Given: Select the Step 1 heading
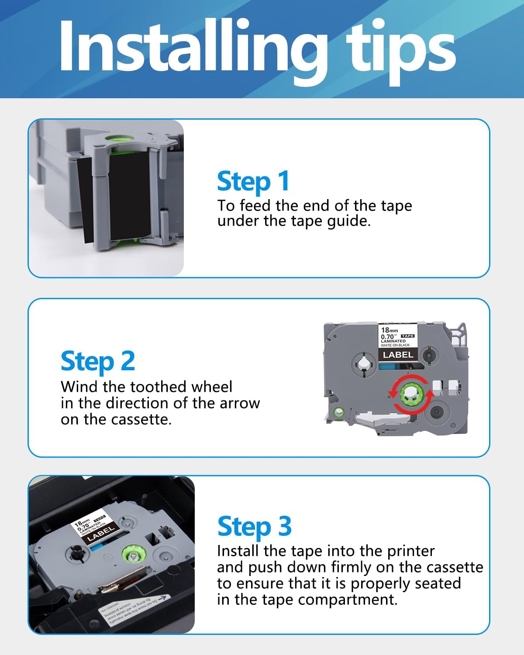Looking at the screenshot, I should [x=253, y=181].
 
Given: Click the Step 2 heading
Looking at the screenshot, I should [x=98, y=362].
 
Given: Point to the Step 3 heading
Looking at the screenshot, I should [x=254, y=526].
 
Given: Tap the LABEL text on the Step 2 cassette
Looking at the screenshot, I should [x=398, y=355].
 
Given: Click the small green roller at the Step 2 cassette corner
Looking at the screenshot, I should [x=338, y=412].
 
